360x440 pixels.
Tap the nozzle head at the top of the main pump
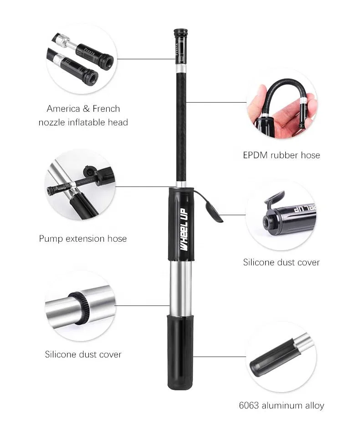[180, 41]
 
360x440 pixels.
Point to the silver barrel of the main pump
[180, 287]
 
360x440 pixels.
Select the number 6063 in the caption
[251, 405]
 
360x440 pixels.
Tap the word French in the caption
[106, 109]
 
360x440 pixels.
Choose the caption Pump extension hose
[82, 239]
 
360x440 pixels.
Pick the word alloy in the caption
[314, 405]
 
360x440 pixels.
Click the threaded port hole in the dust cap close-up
[267, 221]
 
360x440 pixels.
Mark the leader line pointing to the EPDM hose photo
[216, 102]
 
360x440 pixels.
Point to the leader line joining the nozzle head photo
[146, 59]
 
